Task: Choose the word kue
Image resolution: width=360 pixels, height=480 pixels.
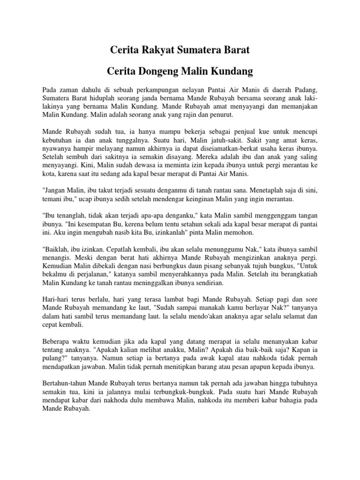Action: click(250, 132)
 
